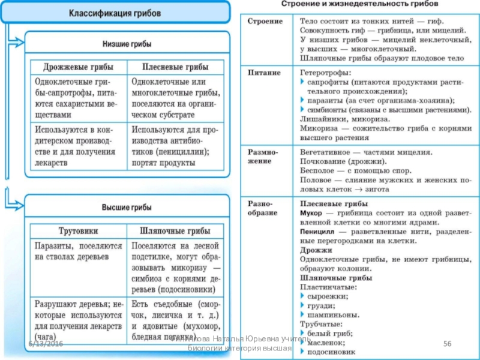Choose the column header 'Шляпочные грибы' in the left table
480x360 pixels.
coord(175,230)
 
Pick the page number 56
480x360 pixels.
coord(446,342)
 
